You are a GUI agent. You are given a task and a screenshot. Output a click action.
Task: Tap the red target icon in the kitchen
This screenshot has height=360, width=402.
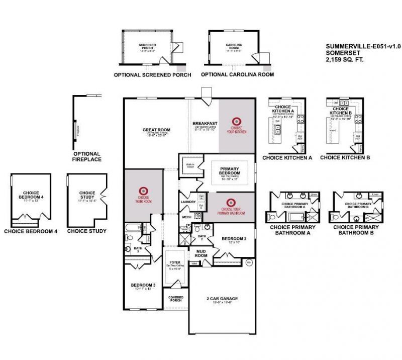click(x=236, y=121)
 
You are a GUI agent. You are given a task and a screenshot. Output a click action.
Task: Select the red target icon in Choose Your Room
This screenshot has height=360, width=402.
click(x=143, y=190)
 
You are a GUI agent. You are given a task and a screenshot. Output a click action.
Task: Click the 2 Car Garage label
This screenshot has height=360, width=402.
click(x=222, y=298)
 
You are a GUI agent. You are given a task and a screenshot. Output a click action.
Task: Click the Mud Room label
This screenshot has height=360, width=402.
click(x=201, y=253)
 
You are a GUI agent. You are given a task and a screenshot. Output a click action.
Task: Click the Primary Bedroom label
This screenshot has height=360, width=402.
click(x=229, y=170)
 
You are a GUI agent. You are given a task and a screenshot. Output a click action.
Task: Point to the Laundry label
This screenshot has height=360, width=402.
click(x=187, y=202)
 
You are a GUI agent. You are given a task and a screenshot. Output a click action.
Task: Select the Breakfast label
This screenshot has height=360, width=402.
click(x=205, y=123)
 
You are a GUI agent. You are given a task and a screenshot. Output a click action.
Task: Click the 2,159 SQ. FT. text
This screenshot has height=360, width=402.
click(x=344, y=59)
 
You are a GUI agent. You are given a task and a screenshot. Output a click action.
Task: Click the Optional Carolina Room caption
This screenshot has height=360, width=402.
click(x=237, y=75)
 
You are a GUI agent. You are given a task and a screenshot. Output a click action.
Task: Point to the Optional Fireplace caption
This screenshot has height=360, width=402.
click(x=87, y=156)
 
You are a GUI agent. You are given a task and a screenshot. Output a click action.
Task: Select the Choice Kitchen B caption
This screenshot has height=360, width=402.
click(x=345, y=157)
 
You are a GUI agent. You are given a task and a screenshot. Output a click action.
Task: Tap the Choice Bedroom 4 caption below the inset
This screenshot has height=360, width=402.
click(x=31, y=231)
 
